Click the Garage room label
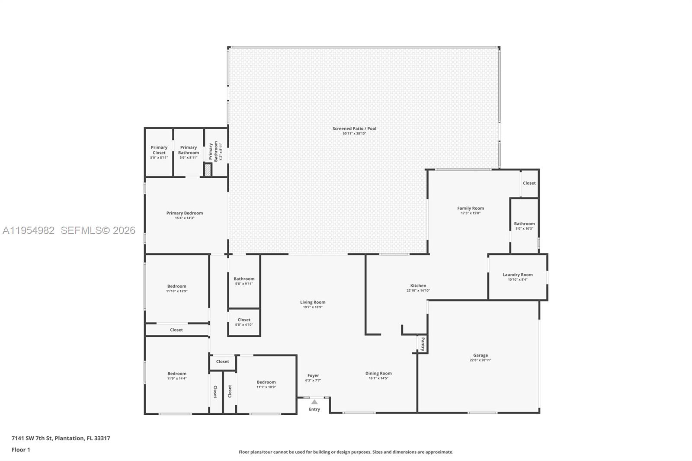click(480, 355)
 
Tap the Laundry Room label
click(517, 275)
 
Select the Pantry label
click(423, 344)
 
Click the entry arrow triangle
click(314, 402)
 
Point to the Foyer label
click(313, 376)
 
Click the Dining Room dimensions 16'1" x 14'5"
click(378, 378)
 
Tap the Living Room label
click(313, 302)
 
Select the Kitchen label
click(418, 285)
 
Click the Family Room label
click(471, 208)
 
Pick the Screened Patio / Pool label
click(354, 128)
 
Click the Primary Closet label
click(159, 150)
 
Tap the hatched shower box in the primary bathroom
click(208, 170)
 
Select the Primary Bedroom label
click(185, 213)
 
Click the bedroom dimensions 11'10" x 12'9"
click(176, 291)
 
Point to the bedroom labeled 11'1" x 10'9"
click(266, 384)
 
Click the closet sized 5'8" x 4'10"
click(244, 322)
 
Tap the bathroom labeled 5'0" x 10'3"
click(524, 226)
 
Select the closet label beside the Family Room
click(529, 183)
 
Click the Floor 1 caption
click(21, 450)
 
